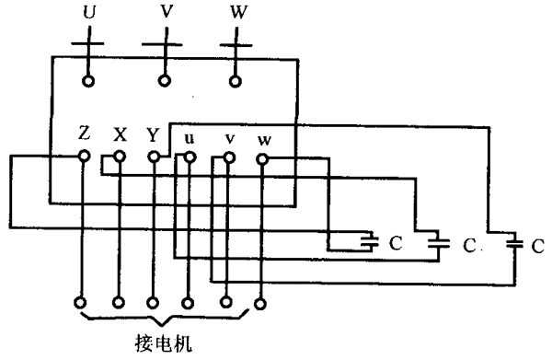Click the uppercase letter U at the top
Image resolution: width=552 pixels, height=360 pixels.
click(89, 12)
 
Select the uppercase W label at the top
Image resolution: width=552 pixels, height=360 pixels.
click(238, 12)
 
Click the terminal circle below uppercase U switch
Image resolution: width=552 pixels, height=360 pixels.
click(88, 81)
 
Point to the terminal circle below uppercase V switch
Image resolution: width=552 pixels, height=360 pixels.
click(164, 81)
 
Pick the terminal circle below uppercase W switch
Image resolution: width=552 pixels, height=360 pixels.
click(236, 81)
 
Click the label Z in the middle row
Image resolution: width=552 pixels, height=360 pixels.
click(84, 134)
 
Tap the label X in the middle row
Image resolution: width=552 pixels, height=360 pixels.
click(120, 134)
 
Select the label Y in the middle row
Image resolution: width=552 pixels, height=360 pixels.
click(153, 134)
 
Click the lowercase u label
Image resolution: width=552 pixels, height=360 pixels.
click(190, 138)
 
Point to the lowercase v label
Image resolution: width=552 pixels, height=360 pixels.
click(230, 139)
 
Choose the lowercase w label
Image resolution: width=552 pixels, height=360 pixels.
click(264, 141)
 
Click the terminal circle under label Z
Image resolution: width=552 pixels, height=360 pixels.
click(84, 156)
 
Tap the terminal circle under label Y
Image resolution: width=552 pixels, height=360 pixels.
click(154, 157)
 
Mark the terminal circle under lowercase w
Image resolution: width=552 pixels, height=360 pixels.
click(262, 159)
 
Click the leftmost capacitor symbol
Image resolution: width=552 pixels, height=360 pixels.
click(370, 241)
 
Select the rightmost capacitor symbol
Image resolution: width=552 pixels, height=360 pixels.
click(514, 243)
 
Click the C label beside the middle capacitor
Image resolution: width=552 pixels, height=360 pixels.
click(469, 246)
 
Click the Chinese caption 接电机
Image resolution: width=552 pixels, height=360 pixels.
click(164, 343)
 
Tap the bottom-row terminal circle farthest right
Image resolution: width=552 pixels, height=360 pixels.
click(260, 304)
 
